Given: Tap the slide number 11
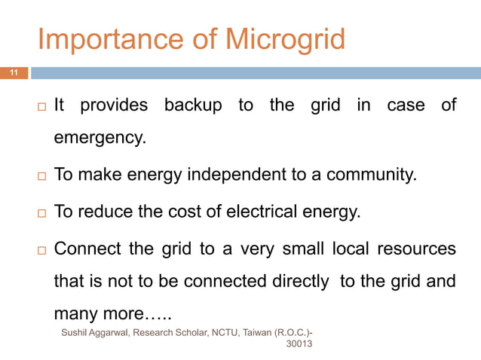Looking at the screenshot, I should coord(14,73).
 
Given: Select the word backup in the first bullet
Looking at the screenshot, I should coord(193,105).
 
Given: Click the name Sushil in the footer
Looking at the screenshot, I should coord(75,331).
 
